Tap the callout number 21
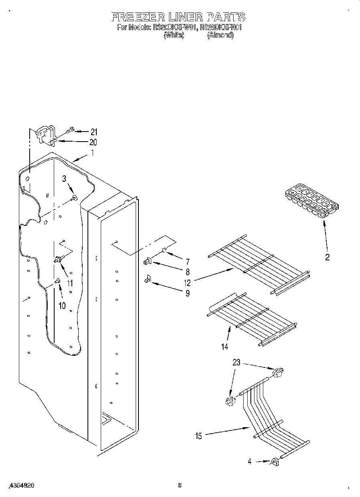[94, 132]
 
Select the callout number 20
[93, 142]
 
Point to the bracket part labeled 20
[46, 135]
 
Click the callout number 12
[188, 282]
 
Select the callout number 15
[199, 436]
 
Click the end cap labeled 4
[275, 462]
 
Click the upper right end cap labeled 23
[277, 373]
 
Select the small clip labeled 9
[148, 278]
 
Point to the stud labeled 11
[59, 260]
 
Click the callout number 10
[62, 306]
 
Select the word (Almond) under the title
[220, 35]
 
